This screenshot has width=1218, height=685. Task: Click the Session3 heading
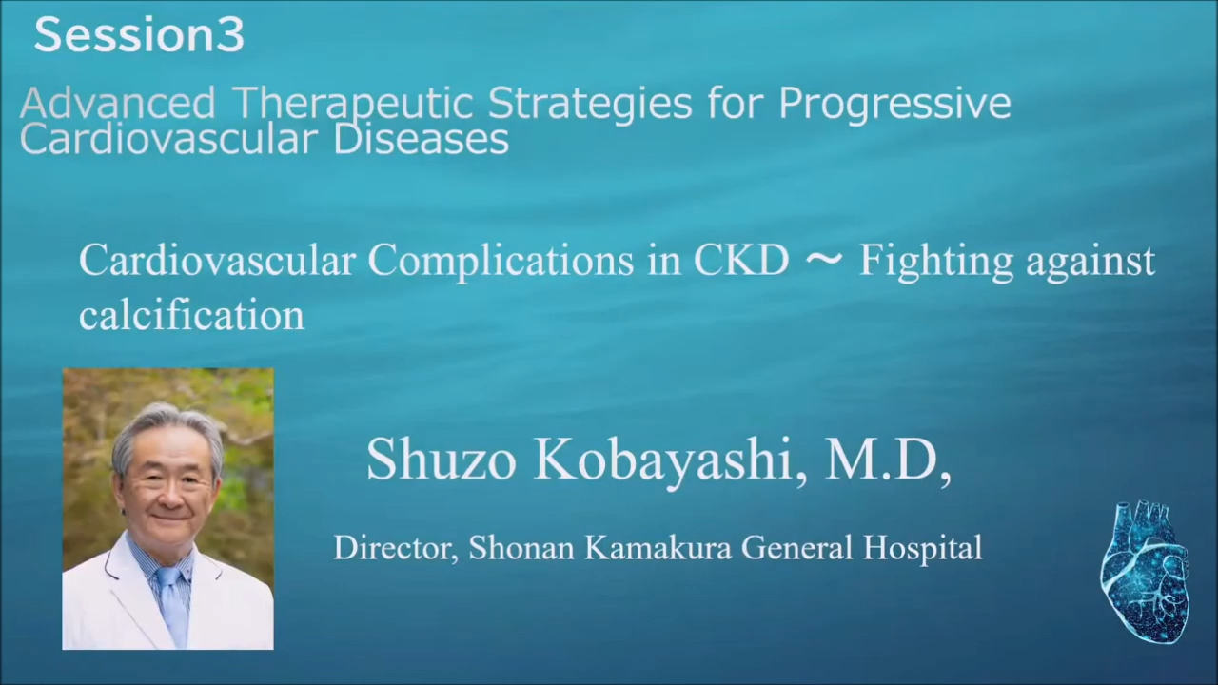click(x=139, y=35)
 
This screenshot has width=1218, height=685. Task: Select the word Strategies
click(x=589, y=104)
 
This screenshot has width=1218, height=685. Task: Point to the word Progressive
click(x=894, y=104)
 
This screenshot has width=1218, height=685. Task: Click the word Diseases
click(x=421, y=139)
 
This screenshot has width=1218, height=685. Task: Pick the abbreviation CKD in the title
click(x=741, y=260)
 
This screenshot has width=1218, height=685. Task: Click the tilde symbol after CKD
click(x=824, y=261)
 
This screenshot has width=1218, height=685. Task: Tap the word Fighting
click(x=936, y=263)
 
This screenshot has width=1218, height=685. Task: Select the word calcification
click(x=191, y=314)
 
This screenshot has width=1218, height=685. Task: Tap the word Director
click(x=395, y=547)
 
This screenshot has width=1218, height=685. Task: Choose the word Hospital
click(x=923, y=549)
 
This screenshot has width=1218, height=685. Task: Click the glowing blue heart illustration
click(x=1144, y=572)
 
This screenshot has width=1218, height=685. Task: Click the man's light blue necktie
click(x=173, y=603)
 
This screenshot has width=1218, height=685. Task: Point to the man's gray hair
click(x=166, y=429)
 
